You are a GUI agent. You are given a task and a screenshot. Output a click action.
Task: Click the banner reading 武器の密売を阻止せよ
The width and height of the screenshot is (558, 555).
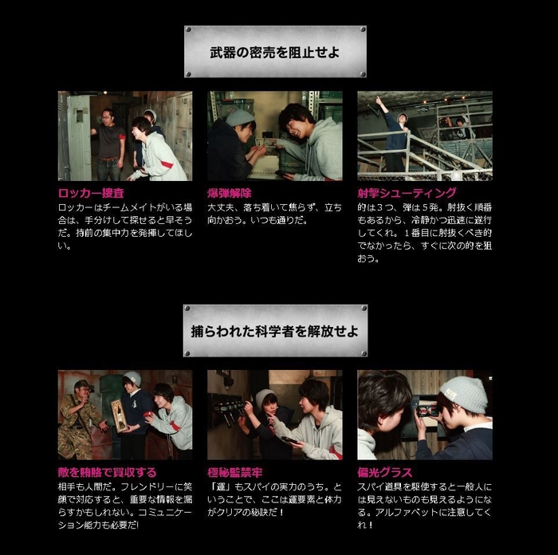[275, 52]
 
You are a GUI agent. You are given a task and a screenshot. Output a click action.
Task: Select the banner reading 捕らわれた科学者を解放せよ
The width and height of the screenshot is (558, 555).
[275, 330]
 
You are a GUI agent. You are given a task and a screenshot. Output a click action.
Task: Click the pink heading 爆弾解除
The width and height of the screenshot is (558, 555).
[229, 192]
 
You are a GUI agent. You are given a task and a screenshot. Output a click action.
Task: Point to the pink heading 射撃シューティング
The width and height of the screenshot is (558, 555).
[407, 192]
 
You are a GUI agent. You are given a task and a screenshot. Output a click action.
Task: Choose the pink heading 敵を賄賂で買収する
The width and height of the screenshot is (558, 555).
[107, 472]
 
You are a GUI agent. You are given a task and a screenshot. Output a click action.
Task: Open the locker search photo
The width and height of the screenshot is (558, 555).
[124, 136]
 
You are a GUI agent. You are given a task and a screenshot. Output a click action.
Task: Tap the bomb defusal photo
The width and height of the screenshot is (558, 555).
[274, 136]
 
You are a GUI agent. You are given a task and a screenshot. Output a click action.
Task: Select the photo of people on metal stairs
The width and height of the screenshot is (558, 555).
[424, 136]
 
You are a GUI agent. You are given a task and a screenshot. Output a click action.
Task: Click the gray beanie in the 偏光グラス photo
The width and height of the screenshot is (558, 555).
[463, 392]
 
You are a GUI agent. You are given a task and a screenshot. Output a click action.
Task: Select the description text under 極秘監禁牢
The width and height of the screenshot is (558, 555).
[274, 499]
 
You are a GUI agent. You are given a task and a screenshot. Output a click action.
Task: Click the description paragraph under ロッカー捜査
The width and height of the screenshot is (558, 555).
[124, 226]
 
